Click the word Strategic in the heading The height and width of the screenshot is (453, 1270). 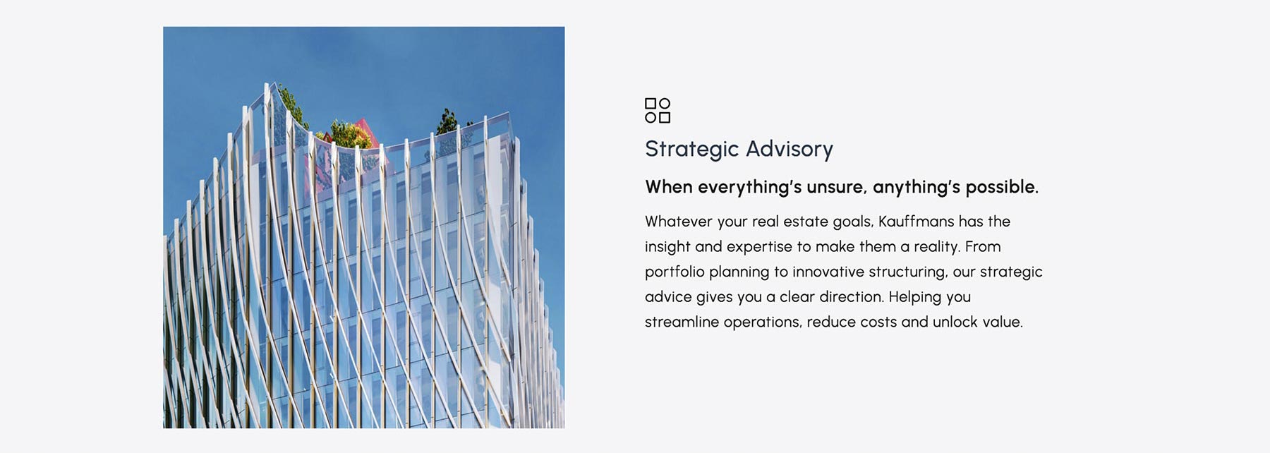click(691, 150)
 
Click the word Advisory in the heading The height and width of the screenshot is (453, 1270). click(790, 150)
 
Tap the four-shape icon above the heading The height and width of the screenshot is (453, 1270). click(658, 111)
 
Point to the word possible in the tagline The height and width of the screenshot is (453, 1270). click(1002, 188)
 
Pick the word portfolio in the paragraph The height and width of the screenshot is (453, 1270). click(675, 272)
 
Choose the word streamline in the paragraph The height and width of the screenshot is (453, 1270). click(679, 322)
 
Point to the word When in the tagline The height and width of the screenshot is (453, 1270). click(669, 187)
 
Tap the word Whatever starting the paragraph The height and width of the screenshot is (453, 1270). click(679, 222)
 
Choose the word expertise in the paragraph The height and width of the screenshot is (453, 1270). click(759, 247)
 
